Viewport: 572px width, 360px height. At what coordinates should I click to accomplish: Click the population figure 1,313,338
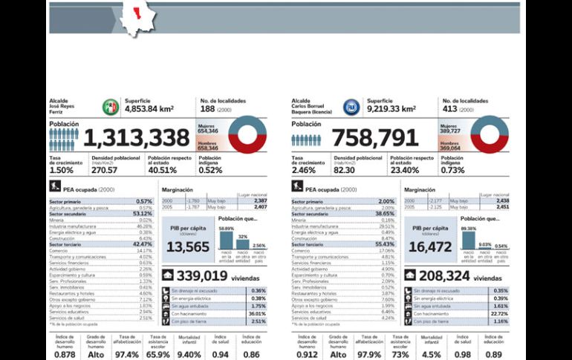pos(136,139)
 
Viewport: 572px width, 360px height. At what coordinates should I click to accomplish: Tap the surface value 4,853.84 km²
pos(149,109)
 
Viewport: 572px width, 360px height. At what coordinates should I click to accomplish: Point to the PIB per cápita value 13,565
pos(188,246)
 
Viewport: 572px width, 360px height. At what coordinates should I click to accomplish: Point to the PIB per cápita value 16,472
pos(430,246)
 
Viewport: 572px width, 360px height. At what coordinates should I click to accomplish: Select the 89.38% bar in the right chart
pos(468,240)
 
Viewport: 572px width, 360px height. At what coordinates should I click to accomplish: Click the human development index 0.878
pos(65,354)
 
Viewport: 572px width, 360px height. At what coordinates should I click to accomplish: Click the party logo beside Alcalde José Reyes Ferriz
pos(110,107)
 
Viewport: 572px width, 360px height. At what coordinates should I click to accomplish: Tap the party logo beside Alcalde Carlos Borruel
pos(351,107)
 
